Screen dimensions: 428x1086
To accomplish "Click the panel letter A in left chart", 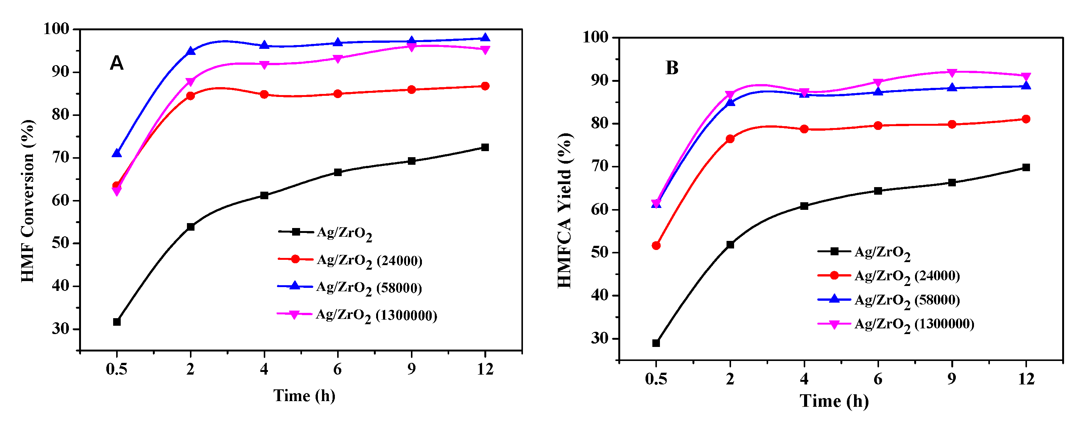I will pos(117,63).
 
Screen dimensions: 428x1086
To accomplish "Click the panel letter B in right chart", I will pos(672,68).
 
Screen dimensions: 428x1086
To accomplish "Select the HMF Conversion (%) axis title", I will pos(28,201).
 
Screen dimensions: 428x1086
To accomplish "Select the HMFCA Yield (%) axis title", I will pos(565,210).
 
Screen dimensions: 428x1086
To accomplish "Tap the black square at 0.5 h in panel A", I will pos(117,322).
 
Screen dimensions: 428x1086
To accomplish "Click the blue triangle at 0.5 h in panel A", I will pos(117,153).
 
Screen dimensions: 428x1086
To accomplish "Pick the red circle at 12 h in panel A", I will pos(485,86).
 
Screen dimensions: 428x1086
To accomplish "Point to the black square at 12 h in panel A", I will pos(485,147).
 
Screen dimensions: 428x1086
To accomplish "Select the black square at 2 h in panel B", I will pos(730,244).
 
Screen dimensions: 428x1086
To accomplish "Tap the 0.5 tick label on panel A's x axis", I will pos(117,369).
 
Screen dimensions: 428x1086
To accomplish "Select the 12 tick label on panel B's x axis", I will pos(1026,379).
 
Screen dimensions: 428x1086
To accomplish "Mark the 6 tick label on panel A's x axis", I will pos(337,369).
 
